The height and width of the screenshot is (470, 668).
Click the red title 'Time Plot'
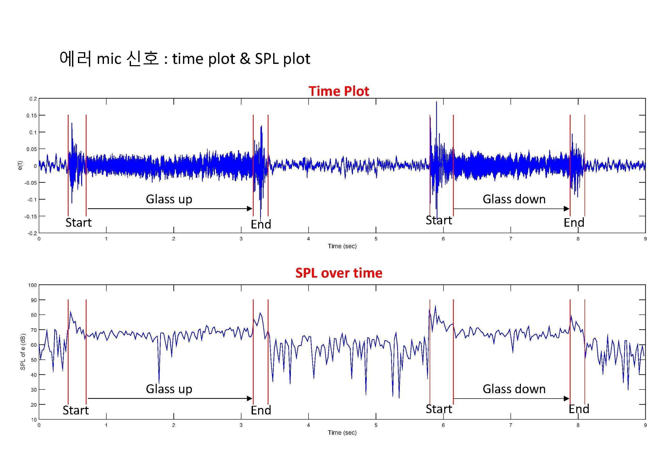[339, 91]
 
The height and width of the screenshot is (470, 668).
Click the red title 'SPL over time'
[339, 273]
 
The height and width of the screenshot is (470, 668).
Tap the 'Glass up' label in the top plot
[169, 199]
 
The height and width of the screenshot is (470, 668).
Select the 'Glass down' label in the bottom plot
[514, 389]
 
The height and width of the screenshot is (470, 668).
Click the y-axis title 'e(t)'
[20, 166]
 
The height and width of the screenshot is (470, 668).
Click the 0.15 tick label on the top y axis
[32, 115]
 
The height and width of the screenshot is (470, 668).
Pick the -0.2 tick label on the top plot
[32, 233]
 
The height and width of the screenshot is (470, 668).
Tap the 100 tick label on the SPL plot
[32, 285]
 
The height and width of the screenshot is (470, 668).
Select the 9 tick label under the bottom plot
[645, 425]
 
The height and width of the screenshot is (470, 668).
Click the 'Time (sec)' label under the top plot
[342, 246]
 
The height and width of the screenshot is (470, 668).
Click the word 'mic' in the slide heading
[109, 59]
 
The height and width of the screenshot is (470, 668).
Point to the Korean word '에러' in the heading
[76, 58]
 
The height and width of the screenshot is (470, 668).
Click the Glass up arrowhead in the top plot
[250, 209]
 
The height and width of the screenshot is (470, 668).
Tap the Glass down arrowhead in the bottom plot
[566, 399]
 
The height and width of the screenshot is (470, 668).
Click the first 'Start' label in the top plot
[78, 223]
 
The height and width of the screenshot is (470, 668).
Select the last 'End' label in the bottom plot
[579, 409]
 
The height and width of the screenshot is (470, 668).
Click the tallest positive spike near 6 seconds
[436, 102]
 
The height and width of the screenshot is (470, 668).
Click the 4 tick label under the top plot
[308, 239]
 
